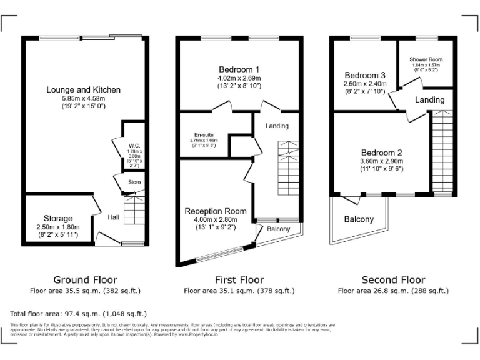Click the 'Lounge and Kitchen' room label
[83, 90]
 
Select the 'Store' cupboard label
[134, 182]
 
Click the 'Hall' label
[113, 217]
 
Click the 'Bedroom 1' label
[239, 69]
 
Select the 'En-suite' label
[204, 134]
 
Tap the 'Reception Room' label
[215, 211]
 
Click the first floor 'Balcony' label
[279, 229]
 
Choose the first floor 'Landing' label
[277, 126]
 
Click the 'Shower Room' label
[425, 59]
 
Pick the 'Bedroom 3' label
[364, 75]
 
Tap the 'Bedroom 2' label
[381, 152]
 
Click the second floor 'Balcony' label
[359, 219]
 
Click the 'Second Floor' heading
[393, 280]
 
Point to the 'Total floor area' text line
[79, 313]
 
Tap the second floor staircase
[442, 150]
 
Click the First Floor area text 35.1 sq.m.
[239, 291]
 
